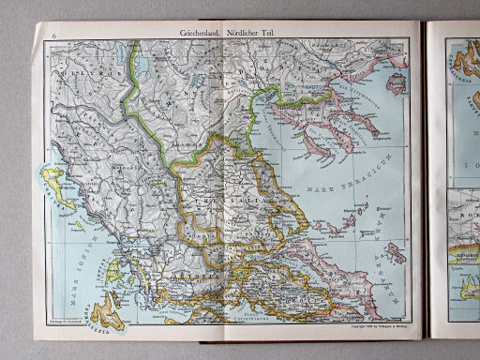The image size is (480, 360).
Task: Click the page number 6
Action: tap(56, 36)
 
